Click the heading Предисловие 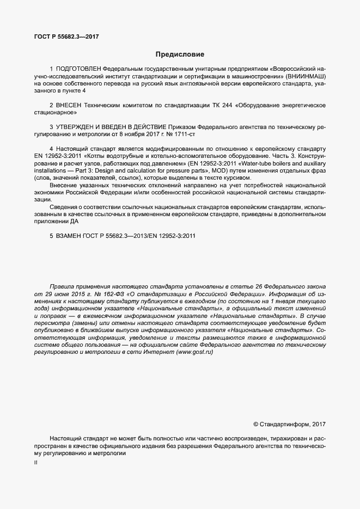pos(180,54)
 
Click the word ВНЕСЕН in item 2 pos(68,105)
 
